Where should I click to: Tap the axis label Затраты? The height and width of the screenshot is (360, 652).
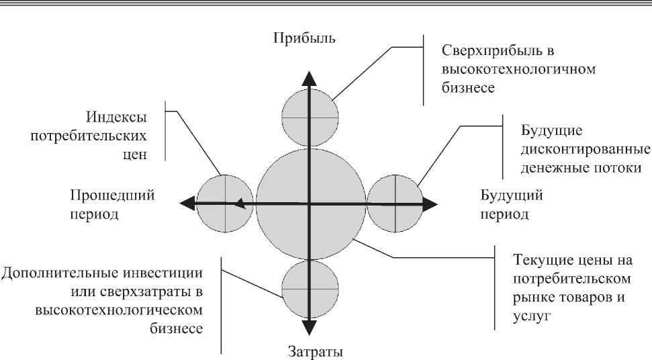coord(310,351)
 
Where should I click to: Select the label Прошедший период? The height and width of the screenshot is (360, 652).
coord(112,205)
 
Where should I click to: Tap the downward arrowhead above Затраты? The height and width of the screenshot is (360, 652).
coord(309,327)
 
